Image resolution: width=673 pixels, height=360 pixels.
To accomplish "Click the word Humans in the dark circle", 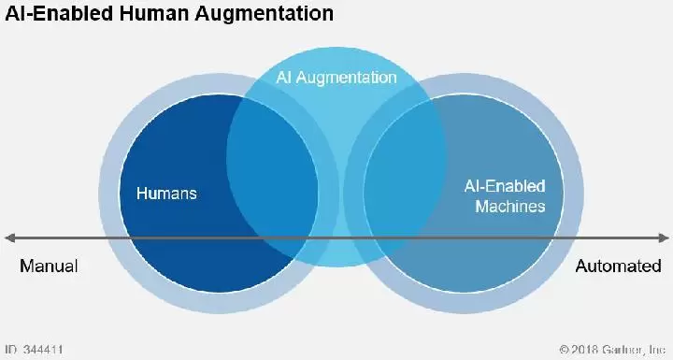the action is [166, 194].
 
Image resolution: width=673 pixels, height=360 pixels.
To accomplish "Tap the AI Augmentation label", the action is [336, 78].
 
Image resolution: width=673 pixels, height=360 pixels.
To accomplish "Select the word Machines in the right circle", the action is [510, 207].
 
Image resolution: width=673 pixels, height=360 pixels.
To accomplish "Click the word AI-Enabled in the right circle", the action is [505, 186].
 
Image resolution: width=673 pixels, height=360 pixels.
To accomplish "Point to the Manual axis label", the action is [49, 266].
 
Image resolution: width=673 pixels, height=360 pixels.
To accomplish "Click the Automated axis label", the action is [618, 266].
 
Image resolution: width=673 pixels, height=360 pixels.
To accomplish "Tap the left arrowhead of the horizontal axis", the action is [9, 238].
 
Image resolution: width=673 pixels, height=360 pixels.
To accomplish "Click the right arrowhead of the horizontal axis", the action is [664, 238].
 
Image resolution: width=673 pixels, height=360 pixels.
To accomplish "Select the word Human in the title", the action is [154, 13].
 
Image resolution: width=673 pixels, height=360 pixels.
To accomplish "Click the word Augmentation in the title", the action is [264, 14].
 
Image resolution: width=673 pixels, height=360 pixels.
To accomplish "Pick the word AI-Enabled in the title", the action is [60, 13].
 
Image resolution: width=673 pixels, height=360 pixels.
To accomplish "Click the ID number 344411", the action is [43, 350].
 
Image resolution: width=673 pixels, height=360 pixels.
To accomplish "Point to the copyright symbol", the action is [565, 350].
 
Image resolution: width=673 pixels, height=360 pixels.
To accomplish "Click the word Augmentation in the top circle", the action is [346, 78].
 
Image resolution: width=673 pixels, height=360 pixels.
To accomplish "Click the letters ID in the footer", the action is [10, 350].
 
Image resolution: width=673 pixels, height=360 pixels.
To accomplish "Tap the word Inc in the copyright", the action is [657, 350].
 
